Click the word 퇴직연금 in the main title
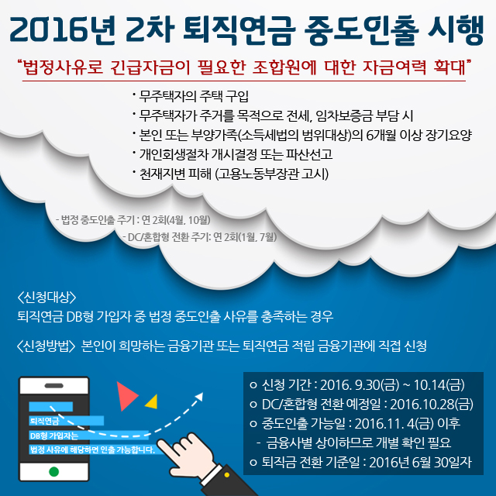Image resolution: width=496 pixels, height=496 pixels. (x=239, y=29)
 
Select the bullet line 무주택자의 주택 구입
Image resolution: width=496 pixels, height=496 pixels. (x=191, y=96)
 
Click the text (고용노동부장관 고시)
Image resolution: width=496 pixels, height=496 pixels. (x=272, y=174)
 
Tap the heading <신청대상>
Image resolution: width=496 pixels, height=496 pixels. (x=46, y=297)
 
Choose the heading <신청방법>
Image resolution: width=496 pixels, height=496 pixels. (x=46, y=346)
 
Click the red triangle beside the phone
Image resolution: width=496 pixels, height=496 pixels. (x=126, y=396)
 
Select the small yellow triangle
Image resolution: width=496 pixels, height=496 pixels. (x=152, y=402)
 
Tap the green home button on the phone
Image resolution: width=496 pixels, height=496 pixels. (x=54, y=472)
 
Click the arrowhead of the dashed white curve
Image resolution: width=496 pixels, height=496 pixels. (x=199, y=396)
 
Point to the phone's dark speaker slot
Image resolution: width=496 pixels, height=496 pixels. (x=54, y=386)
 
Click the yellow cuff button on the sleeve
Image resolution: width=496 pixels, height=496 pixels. (x=226, y=475)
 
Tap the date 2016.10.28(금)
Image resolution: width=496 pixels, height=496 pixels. (x=432, y=404)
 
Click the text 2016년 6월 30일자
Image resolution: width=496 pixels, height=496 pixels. (x=420, y=462)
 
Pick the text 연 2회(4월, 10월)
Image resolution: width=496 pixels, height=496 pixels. (x=176, y=220)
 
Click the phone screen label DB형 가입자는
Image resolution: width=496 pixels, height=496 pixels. (x=53, y=436)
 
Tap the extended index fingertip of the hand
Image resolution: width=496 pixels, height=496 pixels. (x=160, y=443)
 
